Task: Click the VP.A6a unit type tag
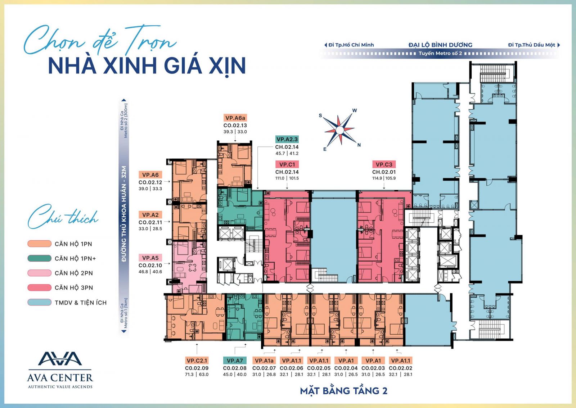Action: (235, 118)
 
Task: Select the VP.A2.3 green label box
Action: (287, 139)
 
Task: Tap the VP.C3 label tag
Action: (384, 164)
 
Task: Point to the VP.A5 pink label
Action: (150, 258)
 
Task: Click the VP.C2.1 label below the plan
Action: (197, 361)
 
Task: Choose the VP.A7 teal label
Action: (235, 361)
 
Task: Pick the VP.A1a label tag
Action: (264, 361)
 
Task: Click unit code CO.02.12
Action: (150, 182)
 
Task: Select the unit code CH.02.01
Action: (384, 172)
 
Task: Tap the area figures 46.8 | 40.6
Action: (150, 272)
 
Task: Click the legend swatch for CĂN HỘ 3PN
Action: (39, 287)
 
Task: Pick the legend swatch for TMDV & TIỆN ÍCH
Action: (39, 302)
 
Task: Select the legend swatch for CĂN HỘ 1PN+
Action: (39, 258)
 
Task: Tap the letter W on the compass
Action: (355, 110)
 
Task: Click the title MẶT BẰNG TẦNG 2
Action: (343, 391)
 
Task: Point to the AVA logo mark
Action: (60, 358)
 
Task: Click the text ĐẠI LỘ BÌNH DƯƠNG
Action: (440, 45)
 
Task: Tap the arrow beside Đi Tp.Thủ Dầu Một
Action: (558, 45)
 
